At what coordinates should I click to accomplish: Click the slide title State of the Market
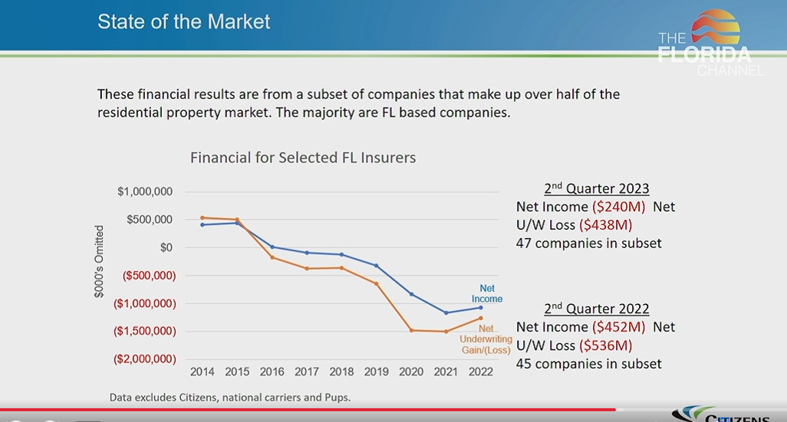click(x=183, y=21)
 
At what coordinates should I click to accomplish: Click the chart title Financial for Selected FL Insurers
click(x=303, y=158)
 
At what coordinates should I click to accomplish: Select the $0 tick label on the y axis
click(x=166, y=247)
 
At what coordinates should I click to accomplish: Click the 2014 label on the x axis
click(x=203, y=371)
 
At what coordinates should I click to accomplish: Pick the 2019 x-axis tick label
click(x=377, y=371)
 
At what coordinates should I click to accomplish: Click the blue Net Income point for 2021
click(x=446, y=312)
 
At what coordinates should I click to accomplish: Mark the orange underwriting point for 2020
click(x=411, y=330)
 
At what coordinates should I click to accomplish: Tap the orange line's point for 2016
click(x=272, y=257)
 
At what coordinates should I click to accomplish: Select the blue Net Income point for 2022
click(x=481, y=307)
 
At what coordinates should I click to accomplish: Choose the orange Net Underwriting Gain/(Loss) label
click(x=486, y=339)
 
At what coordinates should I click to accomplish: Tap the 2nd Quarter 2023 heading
click(x=597, y=188)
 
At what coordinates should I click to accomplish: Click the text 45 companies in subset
click(x=588, y=364)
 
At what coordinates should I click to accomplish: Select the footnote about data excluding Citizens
click(x=230, y=397)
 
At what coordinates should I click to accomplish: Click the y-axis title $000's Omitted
click(x=100, y=261)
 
